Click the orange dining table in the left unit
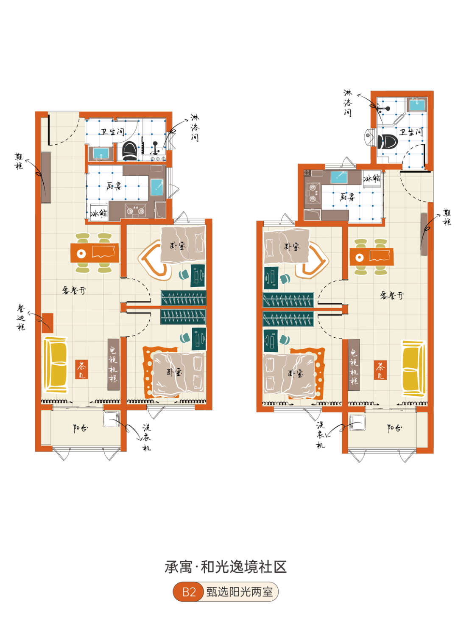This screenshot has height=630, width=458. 95,253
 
